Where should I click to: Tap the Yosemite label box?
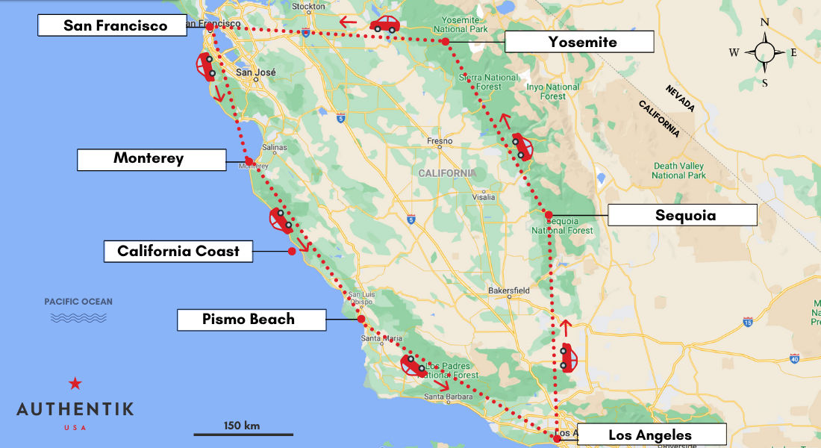tap(579, 42)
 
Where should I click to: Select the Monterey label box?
tap(152, 159)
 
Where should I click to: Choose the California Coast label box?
tap(178, 251)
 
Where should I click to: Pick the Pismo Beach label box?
tap(251, 320)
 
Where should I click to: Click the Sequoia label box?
tap(683, 215)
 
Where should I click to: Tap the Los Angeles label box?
tap(651, 435)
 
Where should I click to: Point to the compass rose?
tap(764, 52)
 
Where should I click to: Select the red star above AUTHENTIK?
tap(75, 384)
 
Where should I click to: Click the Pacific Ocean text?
tap(78, 302)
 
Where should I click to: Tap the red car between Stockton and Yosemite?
tap(384, 25)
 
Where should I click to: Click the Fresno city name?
tap(440, 140)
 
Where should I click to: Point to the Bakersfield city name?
tap(508, 290)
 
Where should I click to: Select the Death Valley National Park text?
tap(678, 170)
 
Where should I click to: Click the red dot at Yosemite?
tap(446, 42)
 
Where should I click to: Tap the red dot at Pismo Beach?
tap(361, 319)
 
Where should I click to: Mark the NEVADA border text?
tap(680, 99)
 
